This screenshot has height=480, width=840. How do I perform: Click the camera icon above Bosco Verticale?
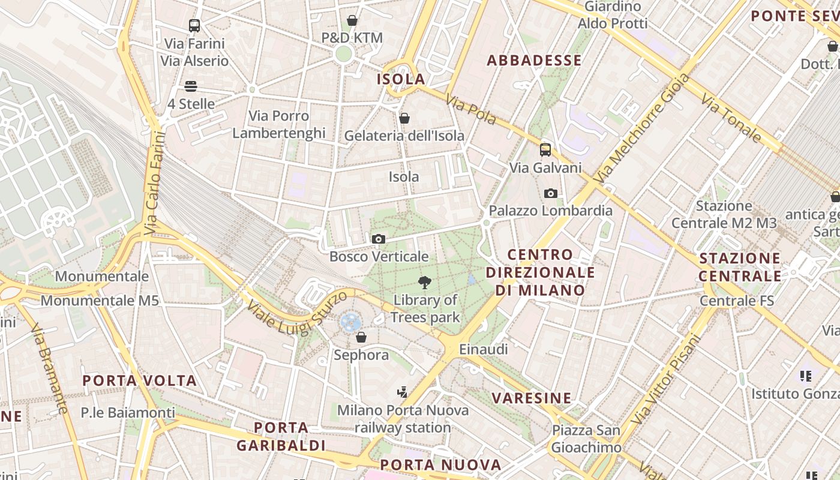pos(378,239)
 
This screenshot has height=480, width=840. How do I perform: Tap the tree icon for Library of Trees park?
pos(425,283)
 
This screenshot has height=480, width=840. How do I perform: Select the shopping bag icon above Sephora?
pos(361,338)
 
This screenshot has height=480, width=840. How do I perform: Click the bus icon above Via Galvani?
pos(545,150)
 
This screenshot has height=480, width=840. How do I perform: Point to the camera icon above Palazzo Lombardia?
pos(550,193)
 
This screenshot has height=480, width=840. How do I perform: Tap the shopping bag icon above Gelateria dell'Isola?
pos(404,118)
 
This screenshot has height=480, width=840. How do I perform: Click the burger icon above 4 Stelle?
pos(191,86)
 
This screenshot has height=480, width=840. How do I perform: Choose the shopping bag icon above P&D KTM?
pos(352,20)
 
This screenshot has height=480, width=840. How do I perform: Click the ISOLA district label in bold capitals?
pos(401,79)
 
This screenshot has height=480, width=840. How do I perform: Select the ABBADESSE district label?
pos(534,61)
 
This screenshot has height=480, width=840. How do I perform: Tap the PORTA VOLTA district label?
pos(139,381)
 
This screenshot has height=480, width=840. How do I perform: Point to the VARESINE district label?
pos(532,398)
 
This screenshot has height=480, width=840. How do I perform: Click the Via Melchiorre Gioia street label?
pos(641,128)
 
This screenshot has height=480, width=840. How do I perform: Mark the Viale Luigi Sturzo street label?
pos(296,312)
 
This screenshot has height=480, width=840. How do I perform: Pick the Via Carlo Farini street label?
pos(154,183)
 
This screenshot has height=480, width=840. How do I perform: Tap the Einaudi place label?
pos(483,349)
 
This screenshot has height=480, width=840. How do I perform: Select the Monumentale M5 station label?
pos(100,300)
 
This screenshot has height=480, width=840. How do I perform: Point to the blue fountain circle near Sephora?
pos(350,322)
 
